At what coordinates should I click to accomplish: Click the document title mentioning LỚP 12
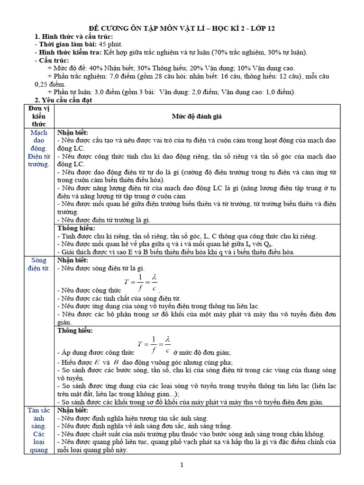[182, 29]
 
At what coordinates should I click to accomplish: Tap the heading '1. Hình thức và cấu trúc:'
[74, 37]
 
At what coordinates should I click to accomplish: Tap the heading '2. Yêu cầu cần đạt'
[64, 100]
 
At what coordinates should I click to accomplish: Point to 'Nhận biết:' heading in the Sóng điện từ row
[73, 260]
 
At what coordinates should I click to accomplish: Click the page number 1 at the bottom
[182, 466]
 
